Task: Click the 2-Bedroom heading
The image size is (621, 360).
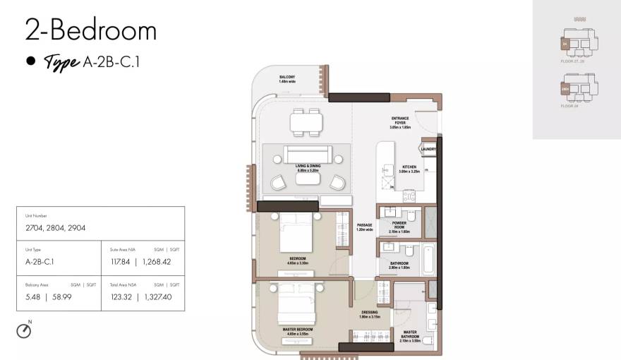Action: (90, 30)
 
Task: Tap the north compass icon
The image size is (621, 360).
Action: (24, 330)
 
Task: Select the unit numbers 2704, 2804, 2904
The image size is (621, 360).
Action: (54, 228)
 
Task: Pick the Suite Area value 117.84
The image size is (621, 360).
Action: (121, 262)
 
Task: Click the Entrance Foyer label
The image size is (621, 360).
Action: (399, 123)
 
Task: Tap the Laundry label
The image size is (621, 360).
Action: (428, 149)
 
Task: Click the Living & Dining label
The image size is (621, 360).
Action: (308, 168)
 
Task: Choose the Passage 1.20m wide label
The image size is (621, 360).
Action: (364, 227)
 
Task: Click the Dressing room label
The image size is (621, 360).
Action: (370, 314)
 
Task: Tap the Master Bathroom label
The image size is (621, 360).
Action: (410, 335)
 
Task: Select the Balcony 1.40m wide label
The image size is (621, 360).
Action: (286, 79)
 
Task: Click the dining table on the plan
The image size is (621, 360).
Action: (306, 123)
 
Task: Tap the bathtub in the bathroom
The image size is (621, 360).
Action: (428, 258)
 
